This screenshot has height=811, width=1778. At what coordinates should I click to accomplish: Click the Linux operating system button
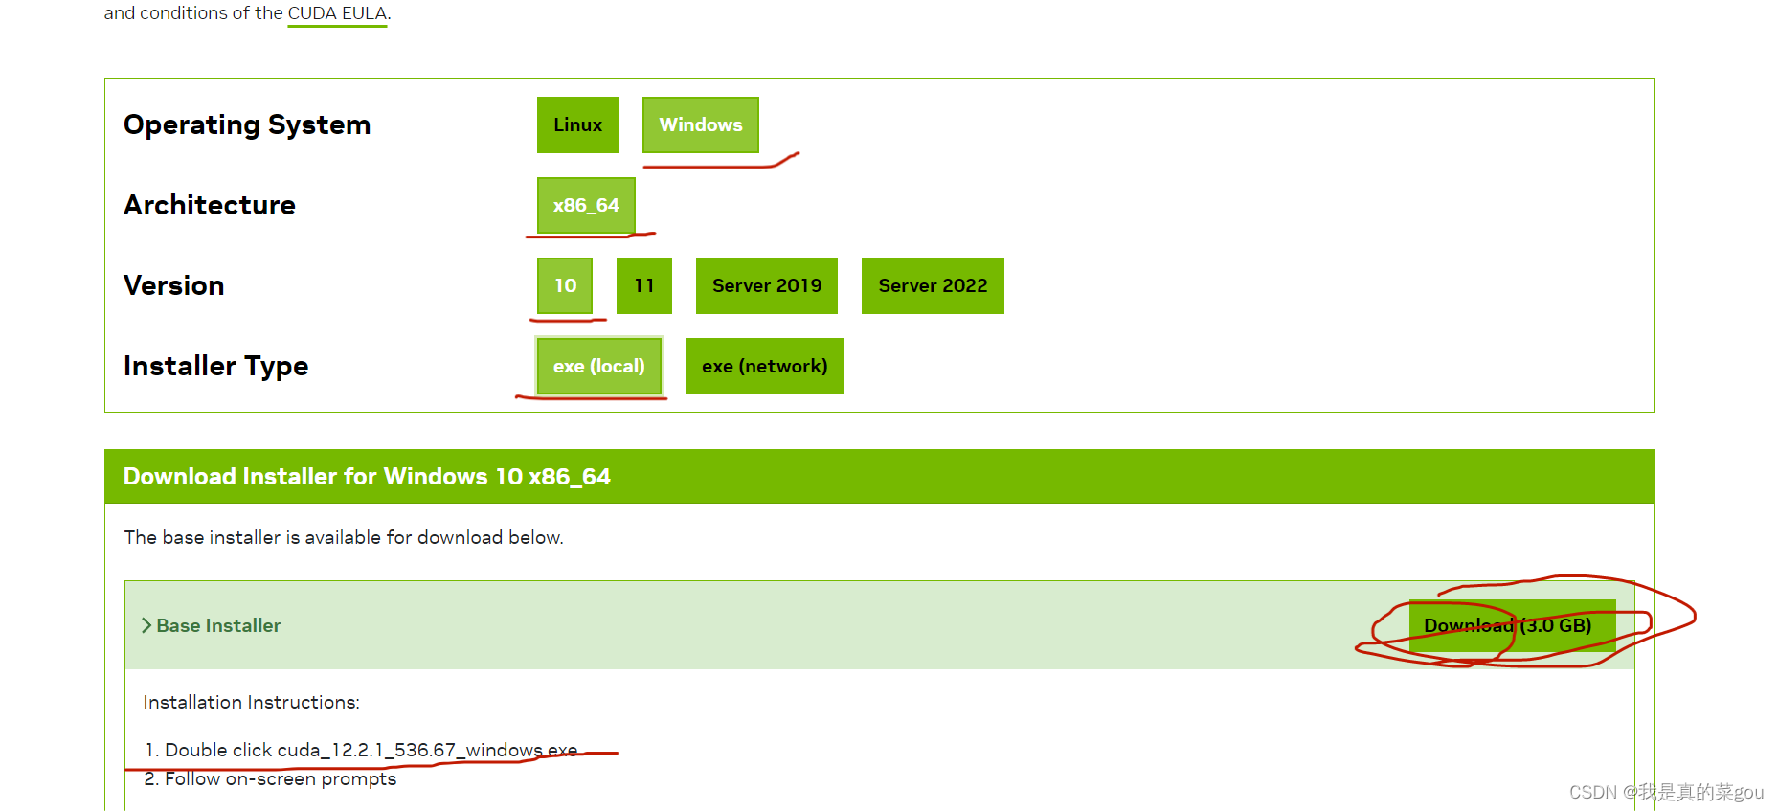pos(577,124)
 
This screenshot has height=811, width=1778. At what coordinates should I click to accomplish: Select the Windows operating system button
pos(700,124)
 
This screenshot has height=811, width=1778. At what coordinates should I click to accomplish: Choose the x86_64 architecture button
pos(586,205)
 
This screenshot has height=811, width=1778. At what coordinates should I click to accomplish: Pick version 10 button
pos(565,285)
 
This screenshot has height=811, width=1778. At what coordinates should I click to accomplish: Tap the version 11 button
pos(643,285)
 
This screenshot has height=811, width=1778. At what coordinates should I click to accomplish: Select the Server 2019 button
pos(766,285)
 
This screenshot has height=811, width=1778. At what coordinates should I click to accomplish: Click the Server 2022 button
pos(933,285)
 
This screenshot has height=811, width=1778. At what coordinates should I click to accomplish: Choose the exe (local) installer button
pos(598,366)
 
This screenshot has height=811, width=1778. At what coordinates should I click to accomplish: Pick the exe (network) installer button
pos(764,366)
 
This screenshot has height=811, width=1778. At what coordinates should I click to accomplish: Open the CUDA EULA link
pos(337,13)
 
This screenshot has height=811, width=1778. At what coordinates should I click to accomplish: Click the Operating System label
pos(247,124)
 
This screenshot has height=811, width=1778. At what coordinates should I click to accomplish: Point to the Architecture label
pos(210,205)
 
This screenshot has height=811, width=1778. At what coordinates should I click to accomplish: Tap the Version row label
pos(174,285)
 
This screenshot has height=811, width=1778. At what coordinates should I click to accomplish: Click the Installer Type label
pos(216,366)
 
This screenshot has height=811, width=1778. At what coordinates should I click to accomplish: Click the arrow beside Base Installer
pos(146,625)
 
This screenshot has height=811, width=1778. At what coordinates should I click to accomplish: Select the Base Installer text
pos(218,625)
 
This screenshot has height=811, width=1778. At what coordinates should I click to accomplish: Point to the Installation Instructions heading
pos(251,702)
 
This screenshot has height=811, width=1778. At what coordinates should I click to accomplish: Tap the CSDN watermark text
pos(1665,792)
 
